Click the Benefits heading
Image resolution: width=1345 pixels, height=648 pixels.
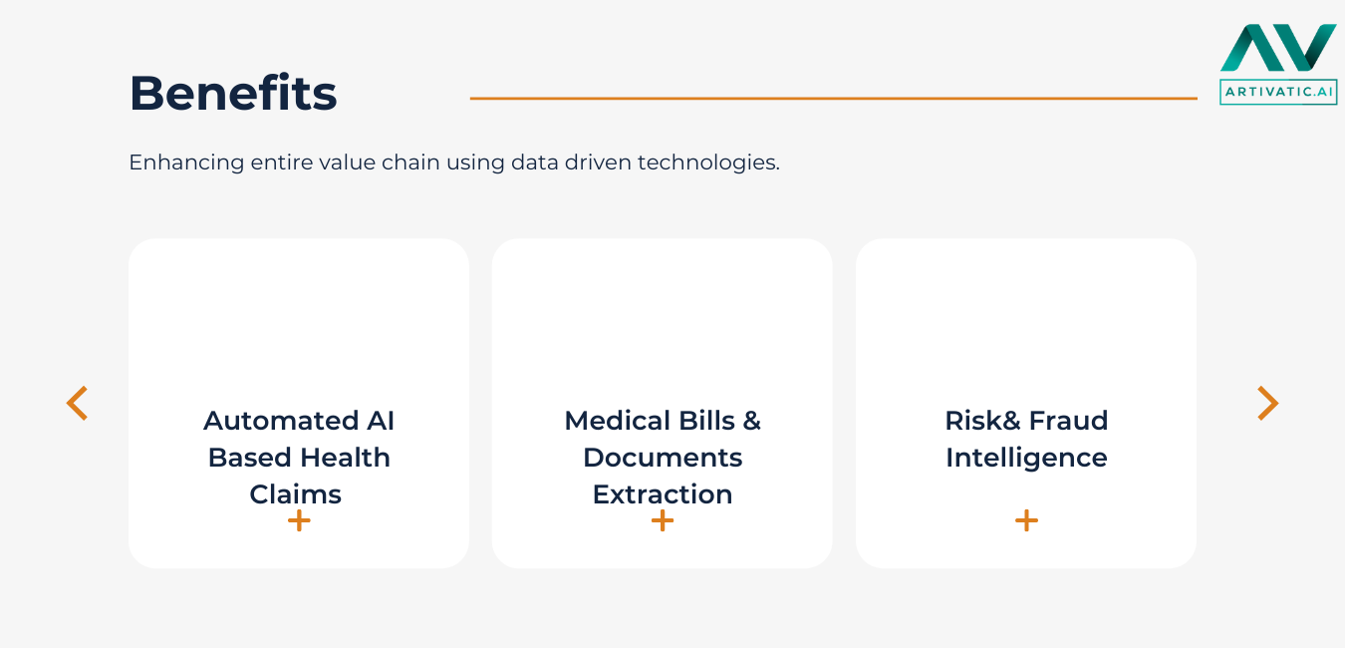(x=233, y=93)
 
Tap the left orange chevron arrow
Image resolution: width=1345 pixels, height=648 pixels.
(x=77, y=403)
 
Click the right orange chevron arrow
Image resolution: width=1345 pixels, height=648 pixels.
(x=1267, y=403)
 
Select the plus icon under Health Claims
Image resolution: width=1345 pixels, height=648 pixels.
(x=299, y=520)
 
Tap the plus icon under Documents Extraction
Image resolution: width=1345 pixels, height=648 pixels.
(x=663, y=520)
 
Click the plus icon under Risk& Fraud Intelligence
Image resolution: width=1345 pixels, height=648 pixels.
(x=1026, y=520)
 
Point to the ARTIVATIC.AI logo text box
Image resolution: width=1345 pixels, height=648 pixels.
(x=1278, y=92)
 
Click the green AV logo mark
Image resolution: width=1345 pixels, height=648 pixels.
(x=1278, y=48)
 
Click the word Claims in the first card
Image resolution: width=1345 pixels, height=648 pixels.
(x=296, y=494)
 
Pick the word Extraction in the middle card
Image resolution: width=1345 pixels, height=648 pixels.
(x=663, y=494)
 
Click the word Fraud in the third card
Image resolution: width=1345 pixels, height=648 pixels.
(x=1068, y=421)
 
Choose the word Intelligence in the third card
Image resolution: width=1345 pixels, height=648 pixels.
(x=1026, y=458)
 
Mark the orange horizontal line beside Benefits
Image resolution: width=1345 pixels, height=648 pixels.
(x=833, y=99)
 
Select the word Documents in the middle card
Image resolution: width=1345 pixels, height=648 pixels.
(x=663, y=458)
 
